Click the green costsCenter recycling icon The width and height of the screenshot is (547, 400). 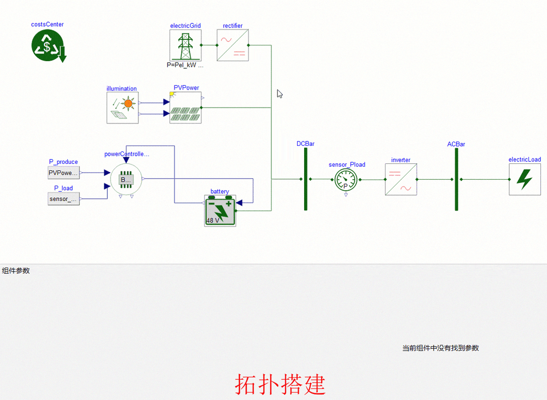48,45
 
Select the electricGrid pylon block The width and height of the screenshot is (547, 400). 185,45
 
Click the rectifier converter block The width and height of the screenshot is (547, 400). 233,45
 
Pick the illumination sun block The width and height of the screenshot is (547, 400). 123,108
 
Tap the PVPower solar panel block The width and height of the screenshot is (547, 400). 185,108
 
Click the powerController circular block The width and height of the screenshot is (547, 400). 126,179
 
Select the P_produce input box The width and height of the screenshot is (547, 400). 63,173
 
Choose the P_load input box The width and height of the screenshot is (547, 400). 63,199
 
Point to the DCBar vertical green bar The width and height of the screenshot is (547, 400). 306,179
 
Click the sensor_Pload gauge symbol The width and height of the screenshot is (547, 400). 346,180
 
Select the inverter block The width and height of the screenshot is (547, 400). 401,180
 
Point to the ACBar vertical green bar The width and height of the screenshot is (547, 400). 456,179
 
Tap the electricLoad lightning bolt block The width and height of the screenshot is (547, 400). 525,179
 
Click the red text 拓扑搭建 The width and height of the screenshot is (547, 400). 280,385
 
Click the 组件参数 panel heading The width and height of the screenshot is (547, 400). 16,270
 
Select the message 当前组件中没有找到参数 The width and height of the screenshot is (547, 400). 440,348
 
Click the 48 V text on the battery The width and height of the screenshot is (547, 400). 212,221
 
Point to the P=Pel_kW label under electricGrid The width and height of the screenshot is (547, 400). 185,64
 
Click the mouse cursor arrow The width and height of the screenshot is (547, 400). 280,93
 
